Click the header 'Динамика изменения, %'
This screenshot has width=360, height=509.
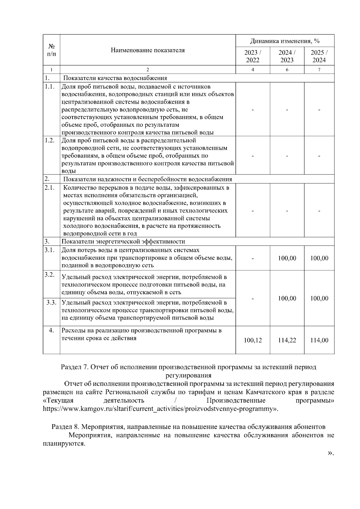pos(285,41)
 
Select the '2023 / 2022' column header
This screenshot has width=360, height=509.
pos(253,56)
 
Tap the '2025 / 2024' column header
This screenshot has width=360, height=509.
pos(319,56)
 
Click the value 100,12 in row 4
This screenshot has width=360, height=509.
pos(253,340)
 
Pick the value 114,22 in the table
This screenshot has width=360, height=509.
pos(287,340)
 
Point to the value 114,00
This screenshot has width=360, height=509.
pos(319,340)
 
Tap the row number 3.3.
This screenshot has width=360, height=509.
pos(51,302)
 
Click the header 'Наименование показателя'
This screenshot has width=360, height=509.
pos(148,50)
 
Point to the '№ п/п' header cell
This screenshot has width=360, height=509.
pos(51,50)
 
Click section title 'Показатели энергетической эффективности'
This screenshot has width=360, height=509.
pos(123,241)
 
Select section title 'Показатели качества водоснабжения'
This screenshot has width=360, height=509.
pos(115,78)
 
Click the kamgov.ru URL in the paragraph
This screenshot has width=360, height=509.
pos(159,409)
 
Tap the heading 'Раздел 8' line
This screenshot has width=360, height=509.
pos(188,427)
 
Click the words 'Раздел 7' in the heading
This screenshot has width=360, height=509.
pos(74,367)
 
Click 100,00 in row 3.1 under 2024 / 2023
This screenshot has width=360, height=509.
pos(287,258)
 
